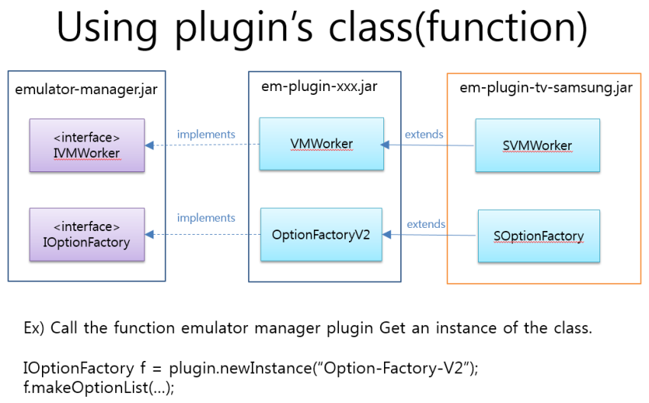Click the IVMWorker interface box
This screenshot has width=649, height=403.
86,145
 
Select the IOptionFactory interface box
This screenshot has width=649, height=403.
86,234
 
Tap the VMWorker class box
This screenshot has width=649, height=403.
321,144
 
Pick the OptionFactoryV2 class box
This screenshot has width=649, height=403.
321,234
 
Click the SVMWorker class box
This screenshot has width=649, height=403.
537,145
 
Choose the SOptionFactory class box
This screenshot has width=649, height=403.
538,236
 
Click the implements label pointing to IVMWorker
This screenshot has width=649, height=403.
206,135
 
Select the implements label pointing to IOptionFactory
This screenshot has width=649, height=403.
206,218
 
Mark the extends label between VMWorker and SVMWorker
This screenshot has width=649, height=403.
424,135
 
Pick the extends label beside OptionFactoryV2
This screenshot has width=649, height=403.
426,224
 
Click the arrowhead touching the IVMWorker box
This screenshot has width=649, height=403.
150,145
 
